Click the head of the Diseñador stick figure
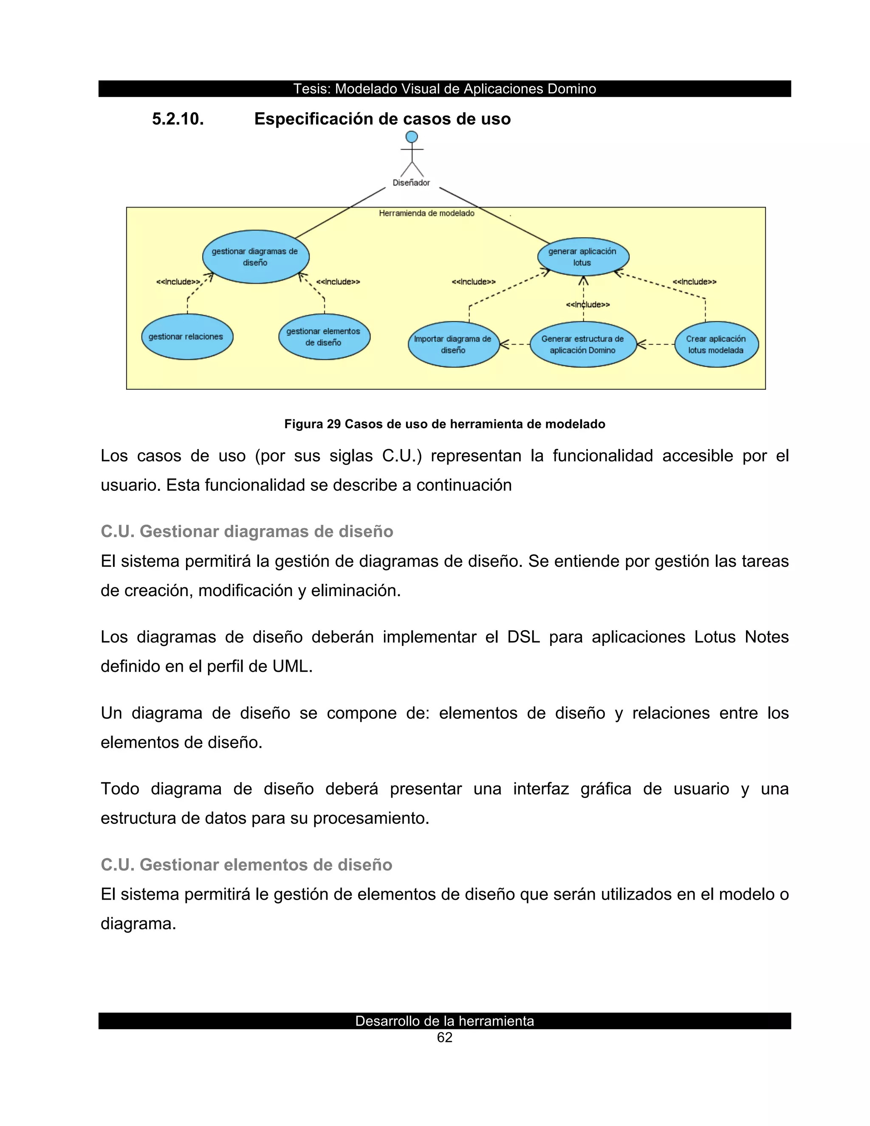tap(411, 137)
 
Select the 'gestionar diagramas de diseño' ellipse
tap(255, 257)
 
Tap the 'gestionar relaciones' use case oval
tap(186, 337)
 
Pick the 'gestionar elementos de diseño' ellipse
tap(324, 337)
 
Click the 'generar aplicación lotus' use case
tap(582, 257)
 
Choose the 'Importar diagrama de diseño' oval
tap(453, 345)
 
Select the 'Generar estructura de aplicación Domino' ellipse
tap(582, 345)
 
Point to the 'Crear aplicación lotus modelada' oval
tap(716, 345)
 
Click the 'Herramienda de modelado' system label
tap(426, 213)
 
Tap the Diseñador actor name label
tap(411, 183)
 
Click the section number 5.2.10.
tap(178, 119)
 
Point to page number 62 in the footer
tap(444, 1038)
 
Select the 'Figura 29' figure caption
tap(444, 424)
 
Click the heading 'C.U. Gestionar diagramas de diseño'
tap(247, 532)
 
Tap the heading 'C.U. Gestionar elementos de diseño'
tap(246, 865)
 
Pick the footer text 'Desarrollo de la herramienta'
tap(444, 1021)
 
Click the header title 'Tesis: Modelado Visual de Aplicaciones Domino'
tap(444, 89)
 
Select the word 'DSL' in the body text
tap(523, 637)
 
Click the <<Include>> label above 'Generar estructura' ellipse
tap(588, 305)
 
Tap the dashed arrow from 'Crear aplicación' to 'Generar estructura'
tap(655, 344)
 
